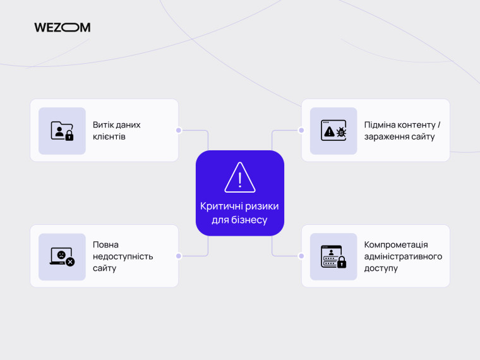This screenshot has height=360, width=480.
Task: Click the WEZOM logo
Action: tap(62, 28)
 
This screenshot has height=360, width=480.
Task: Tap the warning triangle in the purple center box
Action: tap(240, 177)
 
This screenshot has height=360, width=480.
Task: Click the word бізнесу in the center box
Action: tap(249, 220)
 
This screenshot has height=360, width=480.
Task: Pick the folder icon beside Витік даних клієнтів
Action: tap(62, 131)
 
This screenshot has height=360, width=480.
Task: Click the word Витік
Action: tap(104, 125)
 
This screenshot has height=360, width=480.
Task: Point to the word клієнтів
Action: tap(109, 136)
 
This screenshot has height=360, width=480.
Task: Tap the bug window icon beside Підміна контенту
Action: tap(333, 131)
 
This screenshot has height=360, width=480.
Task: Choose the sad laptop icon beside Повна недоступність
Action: tap(62, 256)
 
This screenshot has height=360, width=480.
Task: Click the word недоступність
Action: tap(123, 256)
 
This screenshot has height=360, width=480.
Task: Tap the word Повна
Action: tap(105, 245)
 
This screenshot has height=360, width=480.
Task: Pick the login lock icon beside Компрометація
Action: tap(333, 256)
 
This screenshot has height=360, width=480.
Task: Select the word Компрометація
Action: tap(396, 245)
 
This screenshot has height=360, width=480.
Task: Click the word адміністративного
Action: tap(403, 256)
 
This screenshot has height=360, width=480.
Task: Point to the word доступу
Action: tap(381, 268)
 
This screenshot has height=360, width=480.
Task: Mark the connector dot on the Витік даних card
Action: tap(179, 130)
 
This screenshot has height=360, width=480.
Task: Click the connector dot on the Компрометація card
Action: tap(301, 256)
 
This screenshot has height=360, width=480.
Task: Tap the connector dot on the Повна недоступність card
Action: tap(179, 256)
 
